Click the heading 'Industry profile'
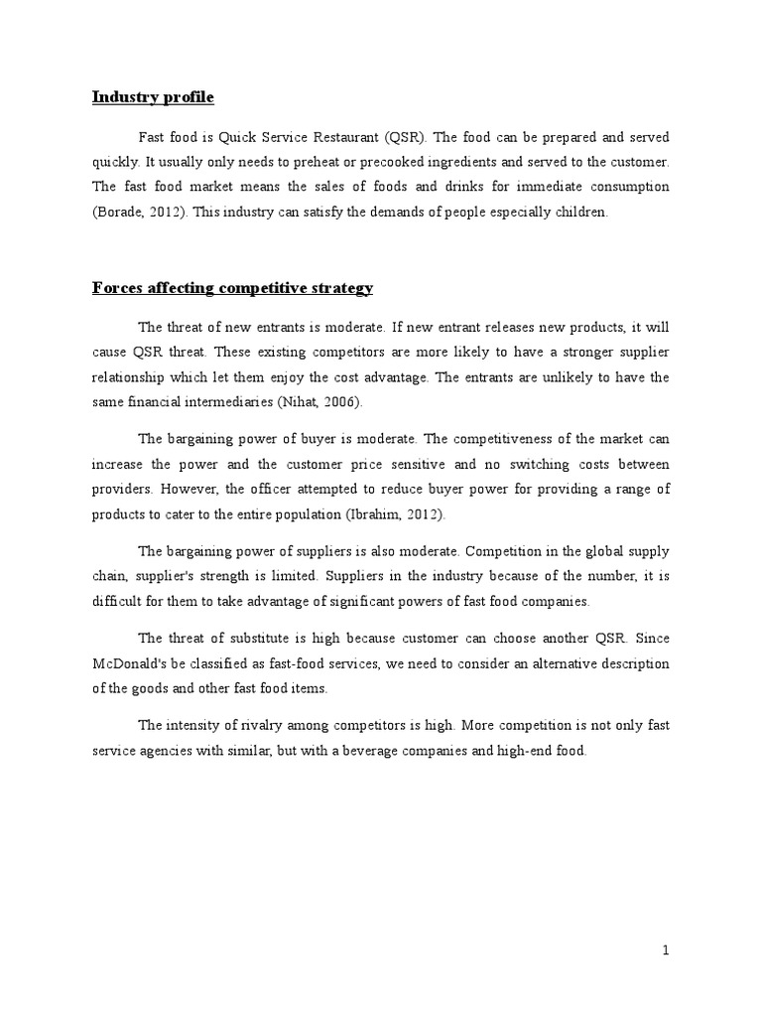tap(153, 97)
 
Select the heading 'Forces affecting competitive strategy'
tap(232, 288)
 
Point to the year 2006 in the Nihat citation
tap(341, 401)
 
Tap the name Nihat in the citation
tap(307, 401)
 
